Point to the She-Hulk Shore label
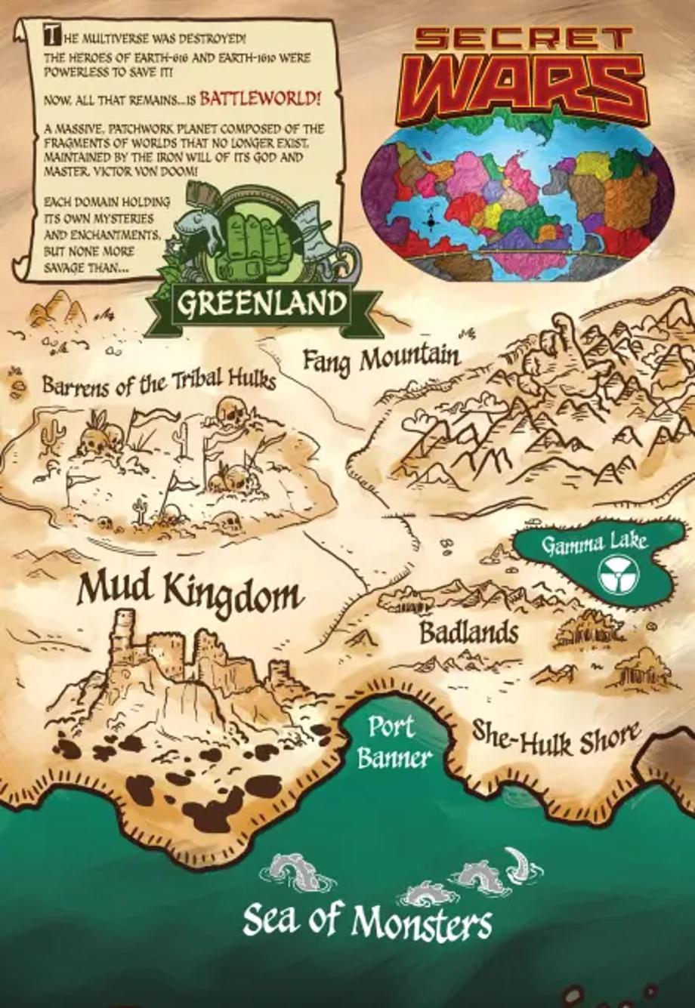pyautogui.click(x=556, y=736)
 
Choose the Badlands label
pyautogui.click(x=468, y=633)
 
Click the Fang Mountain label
pyautogui.click(x=381, y=359)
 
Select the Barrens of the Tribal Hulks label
pyautogui.click(x=158, y=384)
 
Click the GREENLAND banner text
pyautogui.click(x=261, y=304)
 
